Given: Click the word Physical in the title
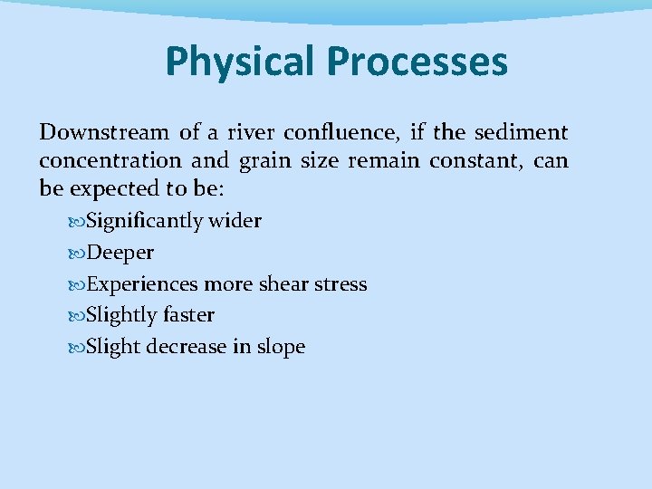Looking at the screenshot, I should (x=240, y=62).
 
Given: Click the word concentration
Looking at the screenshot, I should (x=110, y=161).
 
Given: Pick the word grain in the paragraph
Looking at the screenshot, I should (x=260, y=161).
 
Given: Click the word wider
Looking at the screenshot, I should (x=235, y=222).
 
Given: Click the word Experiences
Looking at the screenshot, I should (x=142, y=284).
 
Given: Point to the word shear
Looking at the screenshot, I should (x=285, y=284).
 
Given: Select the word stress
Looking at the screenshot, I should (x=341, y=284).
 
